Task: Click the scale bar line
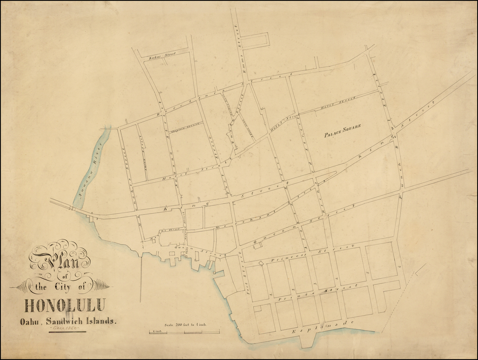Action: [184, 332]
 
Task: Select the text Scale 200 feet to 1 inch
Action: [185, 325]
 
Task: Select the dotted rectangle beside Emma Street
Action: [256, 40]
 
